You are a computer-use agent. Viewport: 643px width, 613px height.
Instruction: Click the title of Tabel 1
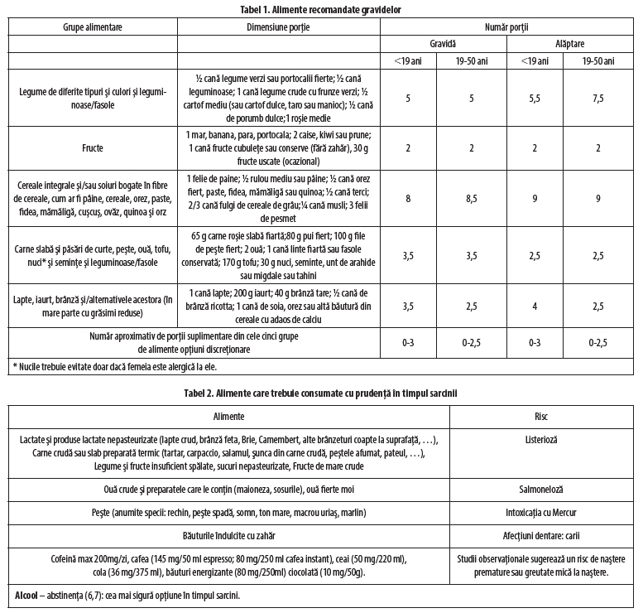[321, 7]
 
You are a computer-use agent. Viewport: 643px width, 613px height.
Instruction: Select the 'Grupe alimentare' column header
[93, 27]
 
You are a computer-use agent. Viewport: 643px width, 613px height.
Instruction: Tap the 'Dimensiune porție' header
[279, 27]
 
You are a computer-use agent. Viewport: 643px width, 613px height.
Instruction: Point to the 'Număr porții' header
[510, 27]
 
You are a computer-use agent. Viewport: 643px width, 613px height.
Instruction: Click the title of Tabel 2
[321, 393]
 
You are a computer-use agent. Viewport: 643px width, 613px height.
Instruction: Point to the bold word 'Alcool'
[29, 596]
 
